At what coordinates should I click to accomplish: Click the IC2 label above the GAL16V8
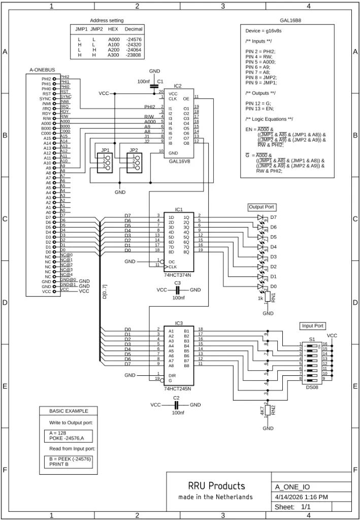[177, 86]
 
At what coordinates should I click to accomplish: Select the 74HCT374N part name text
[178, 275]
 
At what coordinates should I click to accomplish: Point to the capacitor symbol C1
[154, 86]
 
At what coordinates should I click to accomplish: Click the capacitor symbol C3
[177, 289]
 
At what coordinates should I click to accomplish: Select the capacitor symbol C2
[176, 405]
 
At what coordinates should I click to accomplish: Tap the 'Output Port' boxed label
[262, 207]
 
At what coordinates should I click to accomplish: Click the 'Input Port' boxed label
[313, 326]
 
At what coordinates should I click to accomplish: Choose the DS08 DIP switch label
[312, 387]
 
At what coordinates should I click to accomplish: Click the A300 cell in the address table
[113, 55]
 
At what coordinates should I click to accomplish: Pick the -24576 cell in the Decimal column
[134, 39]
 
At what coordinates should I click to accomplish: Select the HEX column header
[113, 29]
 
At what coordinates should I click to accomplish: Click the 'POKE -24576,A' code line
[68, 438]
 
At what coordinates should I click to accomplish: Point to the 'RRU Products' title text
[216, 486]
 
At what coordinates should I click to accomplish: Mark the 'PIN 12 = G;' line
[259, 103]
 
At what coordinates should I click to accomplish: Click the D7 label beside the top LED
[273, 217]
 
